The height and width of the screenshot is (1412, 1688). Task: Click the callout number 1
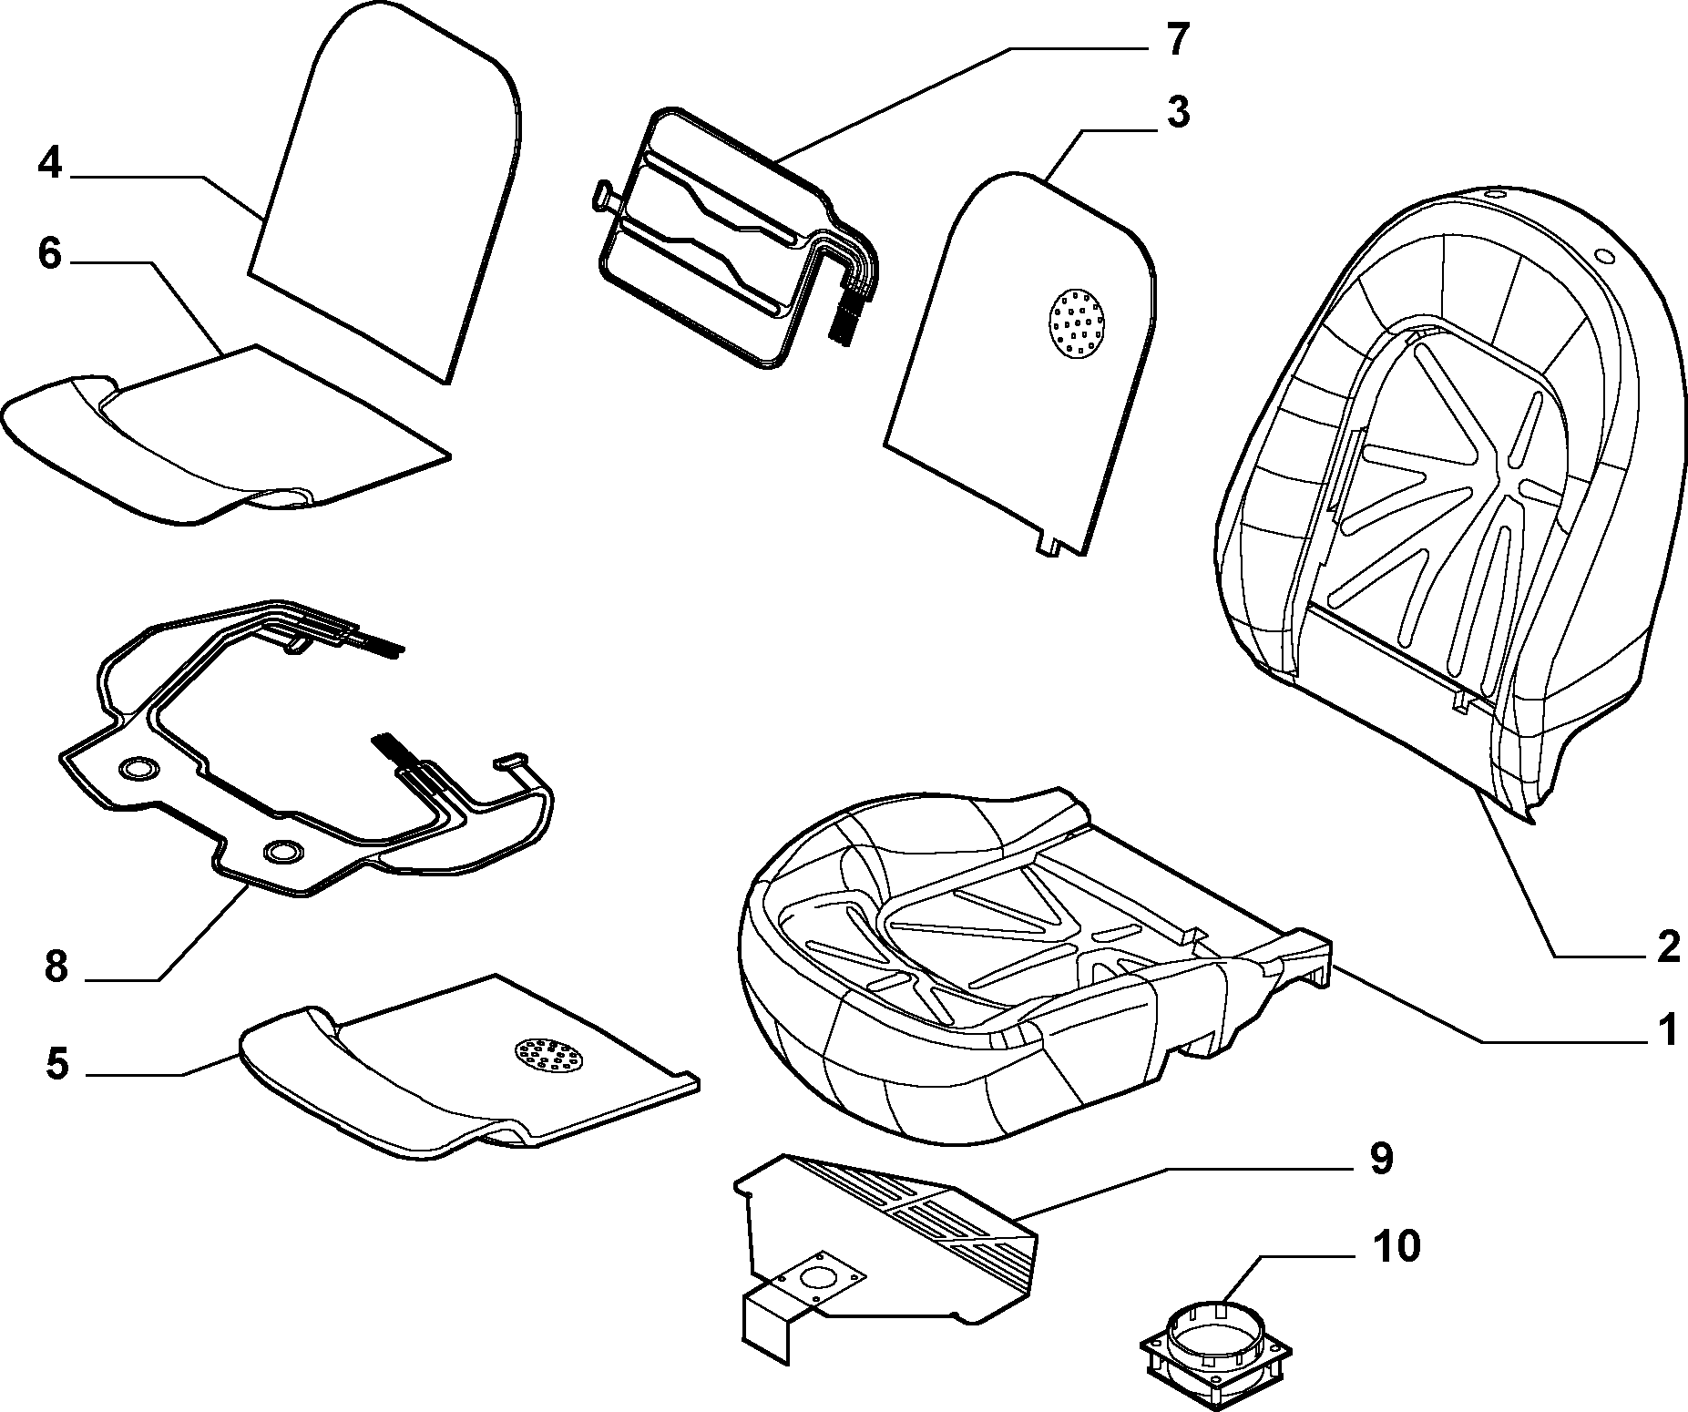[x=1666, y=1033]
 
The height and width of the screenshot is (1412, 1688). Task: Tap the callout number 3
[x=1177, y=115]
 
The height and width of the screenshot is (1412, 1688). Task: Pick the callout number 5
[x=57, y=1064]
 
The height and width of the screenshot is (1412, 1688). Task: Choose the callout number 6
[x=50, y=254]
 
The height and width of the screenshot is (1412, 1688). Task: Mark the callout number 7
[x=1177, y=41]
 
